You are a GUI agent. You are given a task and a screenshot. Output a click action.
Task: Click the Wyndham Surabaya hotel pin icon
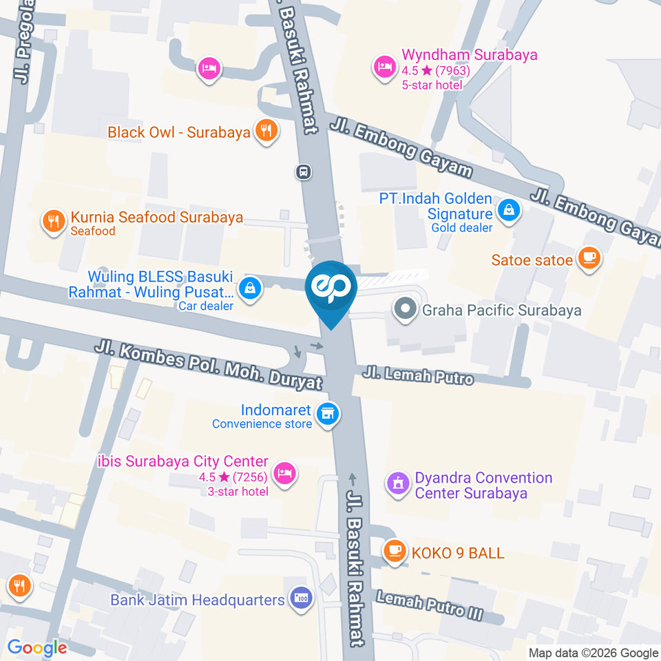[383, 67]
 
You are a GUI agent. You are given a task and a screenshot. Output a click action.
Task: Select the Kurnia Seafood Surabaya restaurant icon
[53, 222]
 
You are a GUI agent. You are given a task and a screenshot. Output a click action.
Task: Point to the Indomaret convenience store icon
[328, 413]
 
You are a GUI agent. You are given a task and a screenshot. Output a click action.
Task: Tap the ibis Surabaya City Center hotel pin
[284, 472]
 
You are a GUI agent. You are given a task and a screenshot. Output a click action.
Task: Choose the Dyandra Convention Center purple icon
[397, 483]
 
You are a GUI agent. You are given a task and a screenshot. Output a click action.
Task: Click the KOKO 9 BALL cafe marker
[393, 549]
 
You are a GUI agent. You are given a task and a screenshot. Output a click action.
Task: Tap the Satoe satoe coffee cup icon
[588, 258]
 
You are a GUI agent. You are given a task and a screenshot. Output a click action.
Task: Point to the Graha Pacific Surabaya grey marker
[404, 308]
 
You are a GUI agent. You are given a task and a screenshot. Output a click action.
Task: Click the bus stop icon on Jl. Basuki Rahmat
[302, 171]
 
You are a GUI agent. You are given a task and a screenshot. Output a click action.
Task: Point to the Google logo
[37, 648]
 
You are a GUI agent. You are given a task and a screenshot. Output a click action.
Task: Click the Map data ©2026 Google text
[594, 653]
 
